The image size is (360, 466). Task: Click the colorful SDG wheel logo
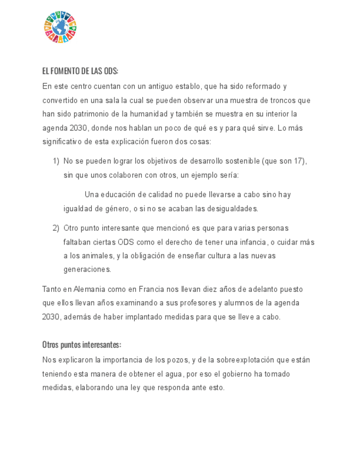click(x=60, y=27)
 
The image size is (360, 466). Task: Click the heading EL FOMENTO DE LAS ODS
click(x=80, y=72)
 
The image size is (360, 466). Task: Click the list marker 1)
click(x=56, y=161)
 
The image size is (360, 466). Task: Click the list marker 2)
click(x=56, y=228)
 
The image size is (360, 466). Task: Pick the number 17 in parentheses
click(x=296, y=161)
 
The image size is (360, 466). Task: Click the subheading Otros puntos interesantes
click(x=81, y=345)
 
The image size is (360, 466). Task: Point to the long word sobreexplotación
click(x=247, y=360)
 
